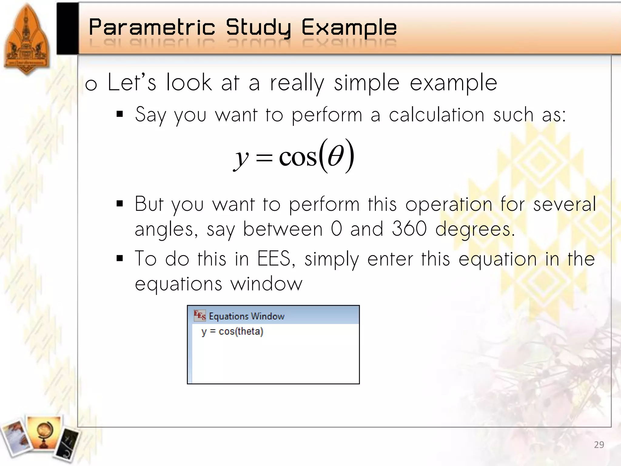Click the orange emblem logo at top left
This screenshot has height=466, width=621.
27,39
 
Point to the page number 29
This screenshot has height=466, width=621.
599,445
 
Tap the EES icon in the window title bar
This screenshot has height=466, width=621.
200,316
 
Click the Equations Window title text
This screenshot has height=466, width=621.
247,316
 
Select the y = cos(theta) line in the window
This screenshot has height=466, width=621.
232,331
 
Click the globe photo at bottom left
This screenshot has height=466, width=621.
44,432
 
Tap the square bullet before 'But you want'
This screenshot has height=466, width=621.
120,204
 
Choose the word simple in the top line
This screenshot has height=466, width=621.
367,83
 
